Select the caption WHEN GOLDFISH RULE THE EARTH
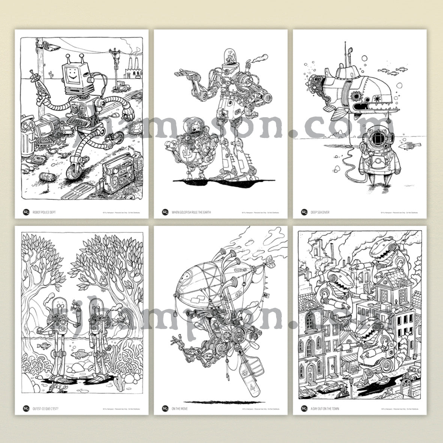coord(191,212)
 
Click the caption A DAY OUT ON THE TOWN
coord(325,408)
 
